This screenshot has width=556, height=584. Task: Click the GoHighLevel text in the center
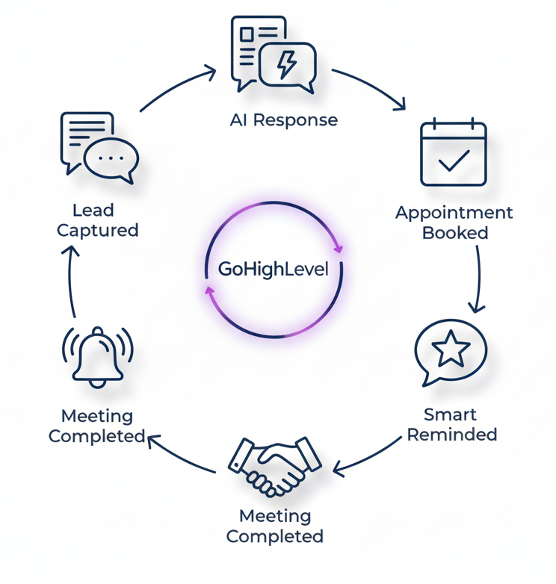[x=273, y=270]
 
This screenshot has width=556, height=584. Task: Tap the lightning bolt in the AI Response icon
[x=287, y=64]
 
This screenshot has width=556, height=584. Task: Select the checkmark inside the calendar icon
[x=454, y=160]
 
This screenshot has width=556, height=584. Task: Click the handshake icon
[x=274, y=465]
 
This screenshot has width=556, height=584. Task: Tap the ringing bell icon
[x=97, y=356]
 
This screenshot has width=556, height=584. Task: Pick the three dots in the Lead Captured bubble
[x=111, y=159]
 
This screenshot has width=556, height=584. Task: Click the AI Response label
[x=284, y=120]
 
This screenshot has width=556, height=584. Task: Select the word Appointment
[x=454, y=213]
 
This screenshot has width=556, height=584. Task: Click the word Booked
[x=455, y=233]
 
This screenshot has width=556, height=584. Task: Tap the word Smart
[x=450, y=414]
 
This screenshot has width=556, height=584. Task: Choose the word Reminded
[x=452, y=435]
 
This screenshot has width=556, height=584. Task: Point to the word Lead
[x=93, y=211]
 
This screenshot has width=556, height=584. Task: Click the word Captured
[x=98, y=231]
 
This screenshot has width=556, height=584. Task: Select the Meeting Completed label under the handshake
[x=275, y=526]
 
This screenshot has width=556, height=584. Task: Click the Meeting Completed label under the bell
[x=97, y=426]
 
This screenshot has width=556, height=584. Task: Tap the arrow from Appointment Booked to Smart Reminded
[x=477, y=276]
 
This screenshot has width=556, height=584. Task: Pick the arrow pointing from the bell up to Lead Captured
[x=69, y=280]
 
